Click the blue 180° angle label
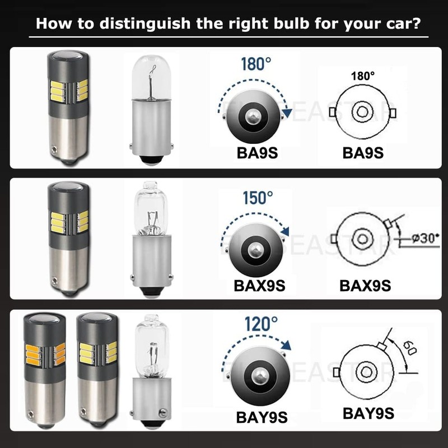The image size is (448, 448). click(x=256, y=64)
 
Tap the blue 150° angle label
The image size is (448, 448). click(x=258, y=198)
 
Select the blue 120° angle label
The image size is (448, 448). click(x=261, y=324)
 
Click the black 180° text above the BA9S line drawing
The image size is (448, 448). click(x=362, y=76)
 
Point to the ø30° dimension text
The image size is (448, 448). click(x=425, y=238)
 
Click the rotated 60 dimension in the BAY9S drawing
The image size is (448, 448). click(x=410, y=348)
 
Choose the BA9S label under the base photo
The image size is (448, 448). click(x=257, y=153)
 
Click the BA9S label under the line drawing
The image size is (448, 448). click(x=363, y=153)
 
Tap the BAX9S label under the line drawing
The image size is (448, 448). click(x=365, y=286)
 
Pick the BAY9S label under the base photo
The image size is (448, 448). click(x=262, y=417)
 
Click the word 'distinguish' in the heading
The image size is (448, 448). click(x=145, y=24)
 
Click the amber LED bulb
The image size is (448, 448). click(x=45, y=370)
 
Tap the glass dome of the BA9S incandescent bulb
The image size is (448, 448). click(x=151, y=77)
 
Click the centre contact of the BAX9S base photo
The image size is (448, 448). click(x=255, y=250)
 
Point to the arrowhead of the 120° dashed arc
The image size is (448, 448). click(x=286, y=345)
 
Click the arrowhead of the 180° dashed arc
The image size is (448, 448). click(x=287, y=113)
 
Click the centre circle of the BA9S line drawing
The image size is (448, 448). click(x=362, y=111)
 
